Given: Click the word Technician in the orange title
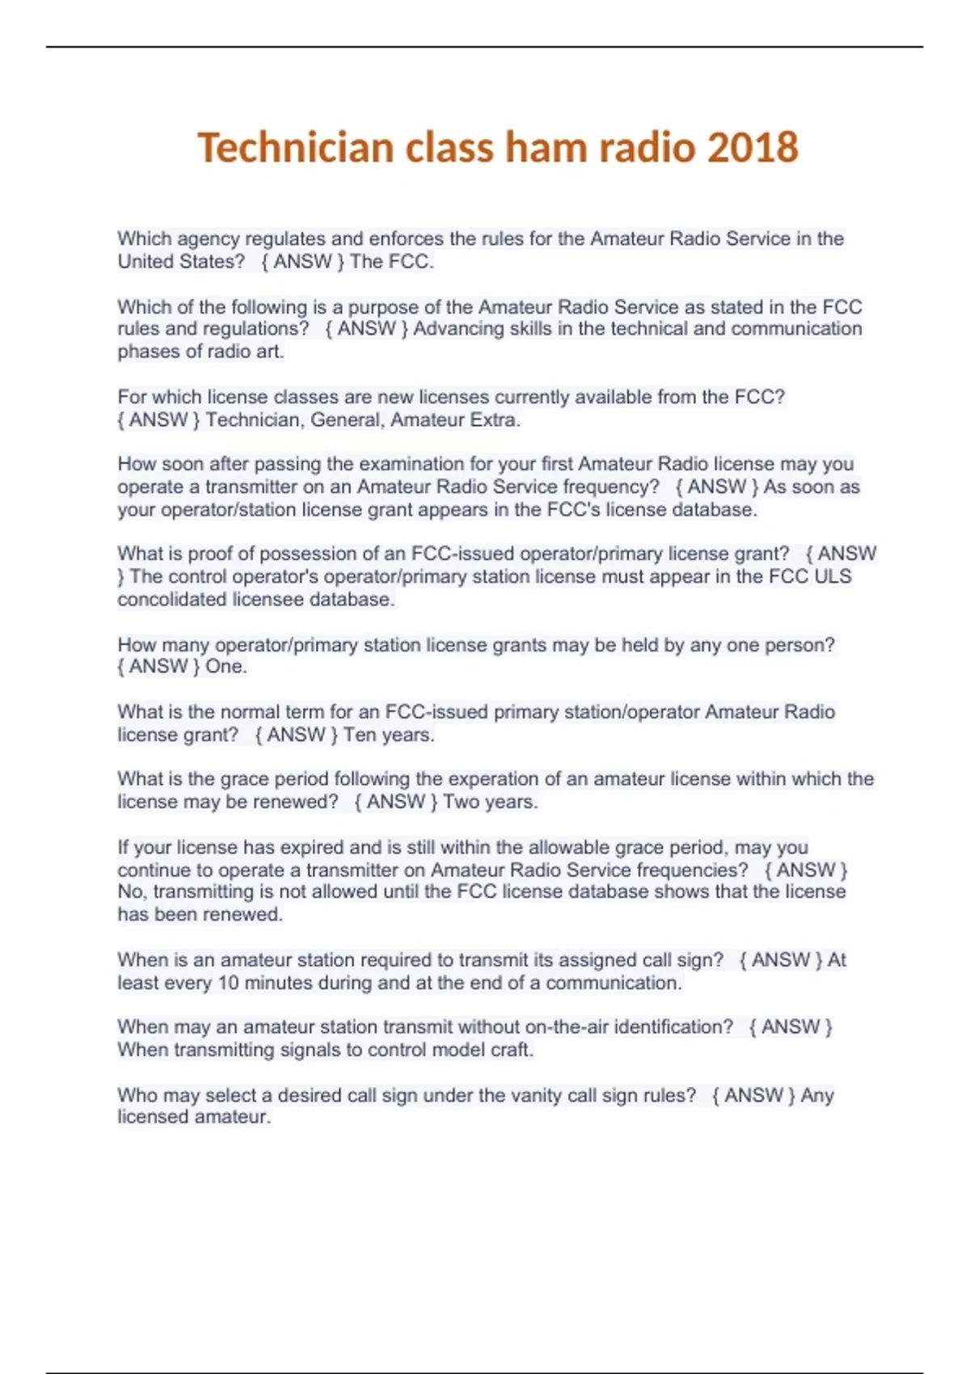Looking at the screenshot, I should [296, 148].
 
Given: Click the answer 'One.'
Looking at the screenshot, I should [226, 667].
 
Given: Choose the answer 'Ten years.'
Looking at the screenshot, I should [389, 735].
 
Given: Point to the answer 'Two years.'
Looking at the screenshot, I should [491, 802].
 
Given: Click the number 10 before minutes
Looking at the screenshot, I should [229, 983].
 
